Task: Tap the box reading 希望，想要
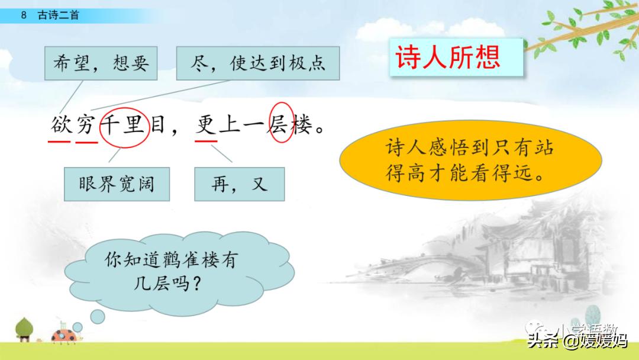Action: [101, 63]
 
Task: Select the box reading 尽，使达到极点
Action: [258, 63]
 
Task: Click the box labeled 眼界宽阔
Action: [117, 184]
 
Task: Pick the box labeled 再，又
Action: [239, 184]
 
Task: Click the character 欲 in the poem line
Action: [60, 126]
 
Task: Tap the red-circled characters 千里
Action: [124, 126]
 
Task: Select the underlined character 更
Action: [206, 126]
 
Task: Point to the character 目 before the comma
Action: [158, 126]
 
